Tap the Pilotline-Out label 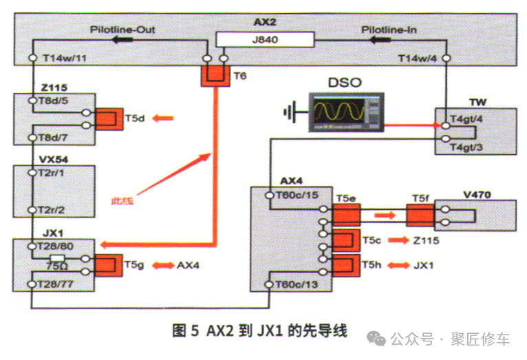tap(122, 30)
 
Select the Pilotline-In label tap(389, 30)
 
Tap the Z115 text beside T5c tap(427, 242)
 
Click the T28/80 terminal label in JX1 tap(58, 245)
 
